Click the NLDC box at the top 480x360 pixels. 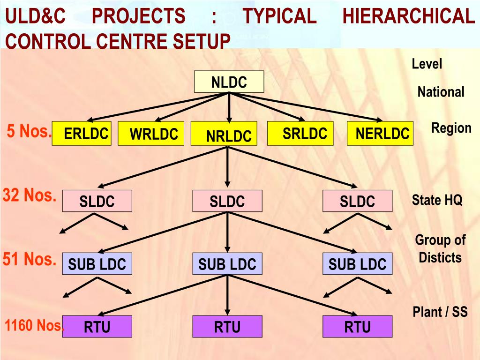[x=229, y=82]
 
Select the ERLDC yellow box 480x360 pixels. [x=82, y=134]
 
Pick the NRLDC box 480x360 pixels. [x=225, y=135]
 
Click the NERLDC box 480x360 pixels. [x=380, y=134]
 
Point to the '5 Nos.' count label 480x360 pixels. [x=29, y=132]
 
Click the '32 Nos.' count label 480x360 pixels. [x=29, y=195]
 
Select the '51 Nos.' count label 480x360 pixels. [x=29, y=259]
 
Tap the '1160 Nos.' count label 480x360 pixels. [x=34, y=325]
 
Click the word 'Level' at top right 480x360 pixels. [x=427, y=64]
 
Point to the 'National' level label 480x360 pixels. [x=441, y=92]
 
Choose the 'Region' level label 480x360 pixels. [x=451, y=128]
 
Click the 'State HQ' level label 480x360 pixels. [x=437, y=201]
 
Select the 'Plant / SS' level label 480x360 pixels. [x=440, y=312]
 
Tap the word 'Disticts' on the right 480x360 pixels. [x=440, y=258]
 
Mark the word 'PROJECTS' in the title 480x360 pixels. [x=138, y=17]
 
